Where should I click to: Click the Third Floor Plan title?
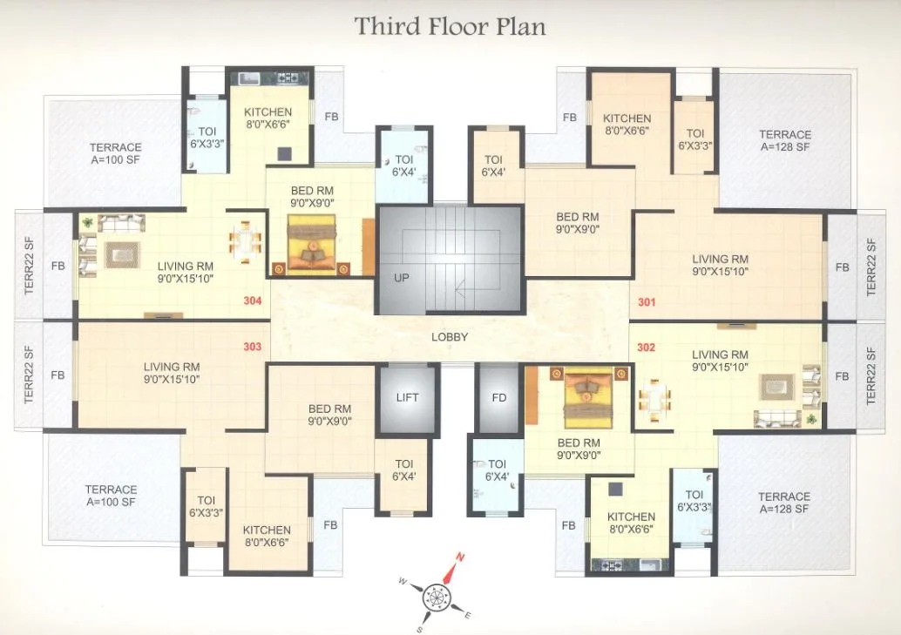pos(450,26)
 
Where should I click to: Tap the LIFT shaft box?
pos(406,397)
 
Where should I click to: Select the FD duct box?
pos(498,397)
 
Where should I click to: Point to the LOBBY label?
pos(450,337)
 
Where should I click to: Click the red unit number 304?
pos(252,302)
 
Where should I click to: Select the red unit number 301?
pos(646,303)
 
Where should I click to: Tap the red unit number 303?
pos(252,347)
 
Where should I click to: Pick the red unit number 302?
pos(646,347)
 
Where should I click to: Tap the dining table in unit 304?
pos(246,240)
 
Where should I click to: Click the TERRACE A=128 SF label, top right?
pos(784,140)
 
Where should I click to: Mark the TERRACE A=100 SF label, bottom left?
pos(112,496)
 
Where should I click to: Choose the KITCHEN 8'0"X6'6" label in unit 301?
pos(627,125)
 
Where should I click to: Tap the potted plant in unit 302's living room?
pos(812,420)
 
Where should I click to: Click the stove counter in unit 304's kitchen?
pos(270,78)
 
